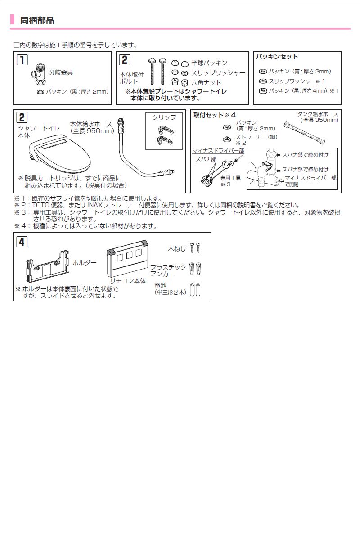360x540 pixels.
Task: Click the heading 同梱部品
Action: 37,20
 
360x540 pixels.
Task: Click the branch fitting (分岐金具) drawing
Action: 39,73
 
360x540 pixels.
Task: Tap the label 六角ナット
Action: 206,83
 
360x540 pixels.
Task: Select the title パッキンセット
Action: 277,57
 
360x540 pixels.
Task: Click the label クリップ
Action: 164,117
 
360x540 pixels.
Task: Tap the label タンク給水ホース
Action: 318,114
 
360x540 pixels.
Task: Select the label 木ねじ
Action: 176,247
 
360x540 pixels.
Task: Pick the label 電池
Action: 161,285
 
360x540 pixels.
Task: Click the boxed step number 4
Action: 21,241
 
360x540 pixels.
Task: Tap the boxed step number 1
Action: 22,60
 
